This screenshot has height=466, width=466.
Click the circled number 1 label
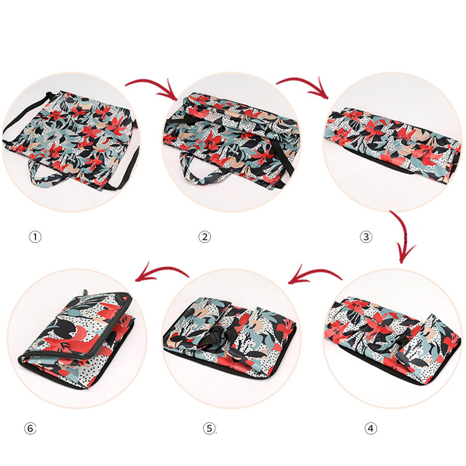35,237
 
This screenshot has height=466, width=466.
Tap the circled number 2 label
204,237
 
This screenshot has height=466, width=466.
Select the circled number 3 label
366,237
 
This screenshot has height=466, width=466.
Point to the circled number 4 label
370,428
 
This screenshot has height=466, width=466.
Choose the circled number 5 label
210,428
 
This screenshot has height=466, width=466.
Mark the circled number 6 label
30,428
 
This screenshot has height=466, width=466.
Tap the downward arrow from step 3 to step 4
404,235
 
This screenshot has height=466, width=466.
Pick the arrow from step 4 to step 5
315,271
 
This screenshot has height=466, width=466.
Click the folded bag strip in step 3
392,143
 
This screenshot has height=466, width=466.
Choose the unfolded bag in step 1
71,140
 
